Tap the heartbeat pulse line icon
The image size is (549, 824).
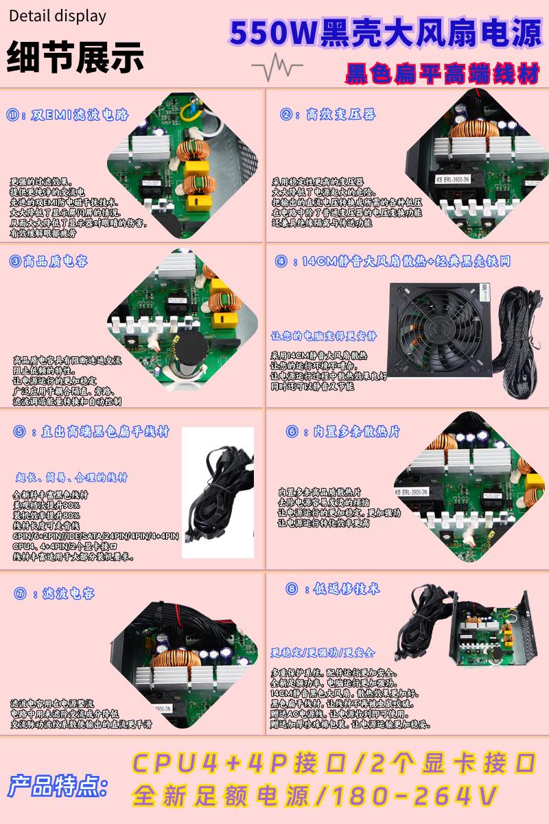277,67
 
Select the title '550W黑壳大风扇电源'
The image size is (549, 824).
385,33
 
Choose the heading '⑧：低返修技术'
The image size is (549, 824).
332,588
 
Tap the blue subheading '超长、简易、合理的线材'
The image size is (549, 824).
71,477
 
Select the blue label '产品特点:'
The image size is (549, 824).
58,785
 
